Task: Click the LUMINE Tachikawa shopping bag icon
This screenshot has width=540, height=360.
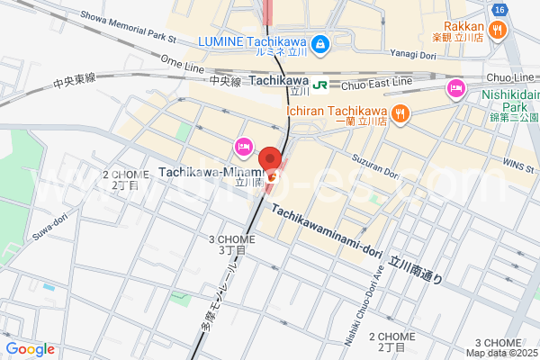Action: [319, 42]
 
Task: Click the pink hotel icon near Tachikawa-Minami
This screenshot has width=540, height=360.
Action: [242, 147]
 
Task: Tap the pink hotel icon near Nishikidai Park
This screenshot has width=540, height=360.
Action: [455, 88]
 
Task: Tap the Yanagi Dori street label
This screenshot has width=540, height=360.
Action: [412, 53]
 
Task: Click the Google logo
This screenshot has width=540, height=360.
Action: [30, 349]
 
